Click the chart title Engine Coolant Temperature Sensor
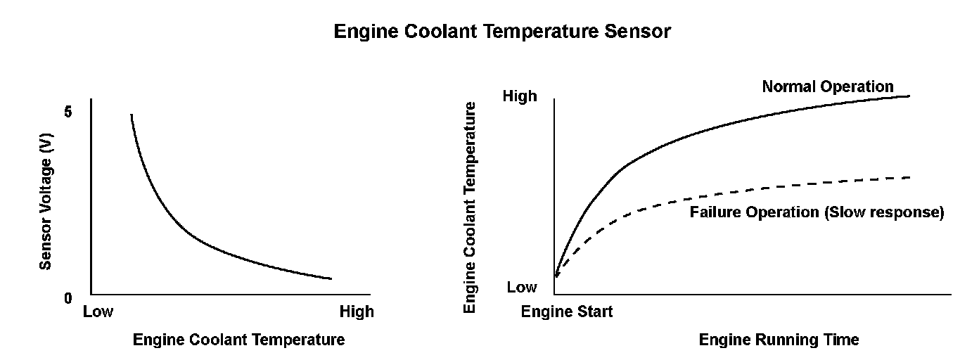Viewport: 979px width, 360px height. [502, 32]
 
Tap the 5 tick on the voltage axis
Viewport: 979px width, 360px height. [68, 112]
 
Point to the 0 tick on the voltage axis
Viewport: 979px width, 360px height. [68, 299]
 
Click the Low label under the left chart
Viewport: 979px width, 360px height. [98, 311]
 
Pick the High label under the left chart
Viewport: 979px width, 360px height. [357, 311]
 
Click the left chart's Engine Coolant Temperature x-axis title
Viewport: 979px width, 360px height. [239, 340]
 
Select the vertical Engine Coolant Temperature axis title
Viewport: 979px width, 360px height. [471, 207]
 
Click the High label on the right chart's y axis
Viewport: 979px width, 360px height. [520, 96]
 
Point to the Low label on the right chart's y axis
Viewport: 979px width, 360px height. [522, 287]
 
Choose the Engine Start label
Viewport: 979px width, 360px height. [567, 311]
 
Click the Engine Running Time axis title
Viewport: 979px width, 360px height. [779, 340]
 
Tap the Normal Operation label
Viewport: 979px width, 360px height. [828, 86]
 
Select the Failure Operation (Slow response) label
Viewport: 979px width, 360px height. [817, 212]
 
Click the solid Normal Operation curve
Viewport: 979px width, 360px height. [703, 131]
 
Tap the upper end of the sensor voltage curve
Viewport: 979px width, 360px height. [132, 116]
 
